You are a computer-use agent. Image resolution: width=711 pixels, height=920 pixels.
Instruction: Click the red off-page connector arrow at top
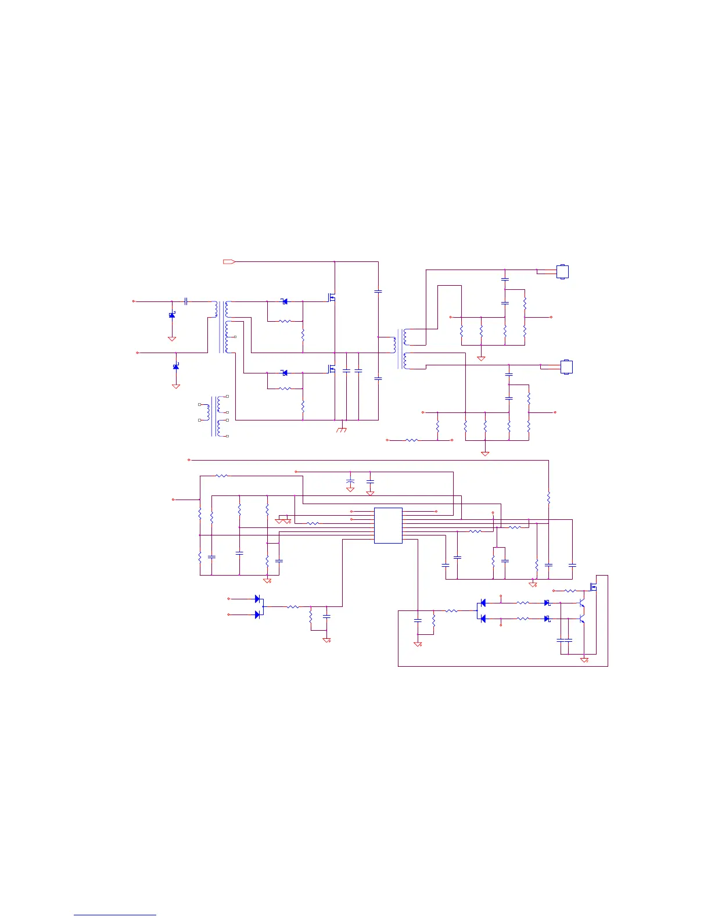(x=229, y=262)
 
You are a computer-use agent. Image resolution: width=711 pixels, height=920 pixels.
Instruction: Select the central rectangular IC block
(x=388, y=526)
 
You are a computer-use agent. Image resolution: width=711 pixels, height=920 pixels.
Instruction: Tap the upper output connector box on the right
(x=562, y=272)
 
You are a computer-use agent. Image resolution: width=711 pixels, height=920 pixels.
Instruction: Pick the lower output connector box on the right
(x=566, y=367)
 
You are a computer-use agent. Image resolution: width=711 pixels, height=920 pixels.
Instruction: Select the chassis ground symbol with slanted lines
(x=342, y=430)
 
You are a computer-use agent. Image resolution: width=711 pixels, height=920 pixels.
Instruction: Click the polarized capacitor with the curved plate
(x=350, y=482)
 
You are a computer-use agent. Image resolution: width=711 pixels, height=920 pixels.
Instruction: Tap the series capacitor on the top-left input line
(x=186, y=301)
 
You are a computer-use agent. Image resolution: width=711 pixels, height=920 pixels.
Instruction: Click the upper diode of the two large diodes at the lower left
(x=257, y=599)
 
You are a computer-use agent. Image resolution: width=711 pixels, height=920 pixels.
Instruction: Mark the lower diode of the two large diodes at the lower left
(x=257, y=614)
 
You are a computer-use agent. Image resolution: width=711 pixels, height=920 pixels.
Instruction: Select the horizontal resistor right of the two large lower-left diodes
(x=293, y=607)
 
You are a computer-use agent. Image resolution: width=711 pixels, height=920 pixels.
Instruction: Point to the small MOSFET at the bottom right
(x=593, y=587)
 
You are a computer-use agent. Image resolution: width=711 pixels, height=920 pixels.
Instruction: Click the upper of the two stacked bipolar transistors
(x=581, y=605)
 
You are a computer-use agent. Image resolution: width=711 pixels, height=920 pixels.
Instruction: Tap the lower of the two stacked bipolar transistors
(x=581, y=620)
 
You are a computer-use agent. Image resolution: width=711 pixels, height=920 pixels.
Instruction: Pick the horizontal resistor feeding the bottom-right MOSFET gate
(x=570, y=591)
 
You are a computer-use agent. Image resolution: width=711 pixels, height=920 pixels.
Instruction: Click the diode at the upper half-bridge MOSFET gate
(x=284, y=301)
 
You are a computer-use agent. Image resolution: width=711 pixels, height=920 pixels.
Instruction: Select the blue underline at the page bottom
(x=115, y=915)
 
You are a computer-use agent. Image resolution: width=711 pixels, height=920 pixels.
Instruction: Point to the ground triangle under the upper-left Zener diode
(x=172, y=339)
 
